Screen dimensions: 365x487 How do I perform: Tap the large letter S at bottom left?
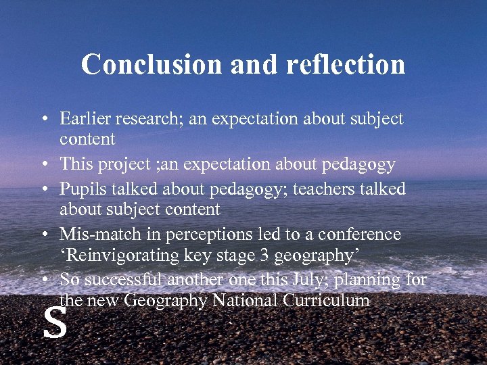click(55, 323)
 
